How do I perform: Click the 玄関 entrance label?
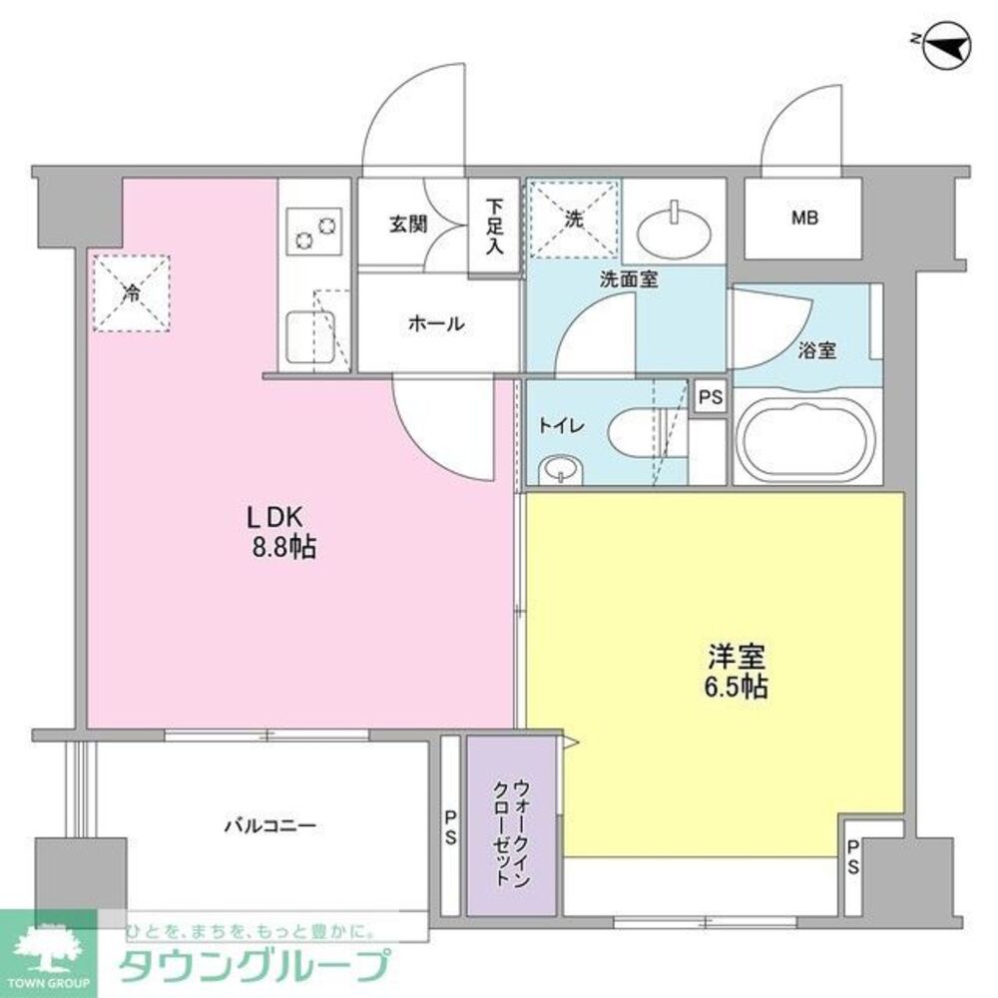click(408, 223)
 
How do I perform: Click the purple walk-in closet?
click(512, 824)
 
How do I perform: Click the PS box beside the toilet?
click(710, 396)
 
